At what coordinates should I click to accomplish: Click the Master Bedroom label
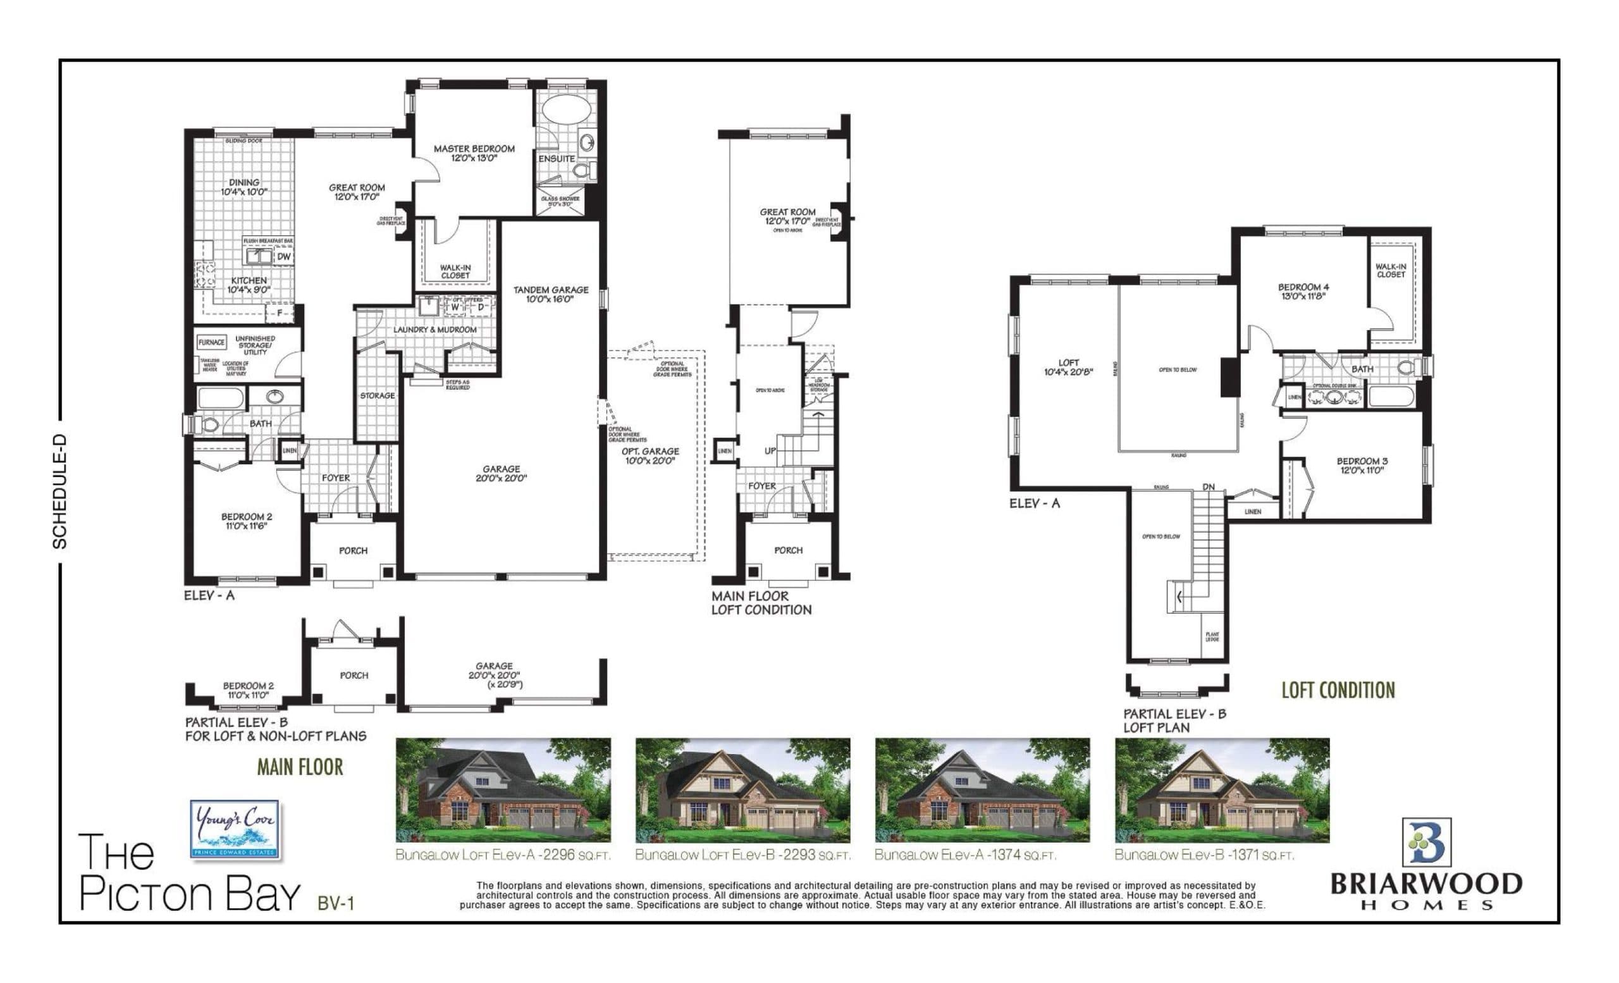(x=474, y=153)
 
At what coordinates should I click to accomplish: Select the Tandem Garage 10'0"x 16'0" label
(x=551, y=294)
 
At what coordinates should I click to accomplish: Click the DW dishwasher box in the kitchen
(x=283, y=257)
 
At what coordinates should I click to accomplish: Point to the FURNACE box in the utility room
(x=212, y=342)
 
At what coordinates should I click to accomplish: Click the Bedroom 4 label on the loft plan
(x=1302, y=291)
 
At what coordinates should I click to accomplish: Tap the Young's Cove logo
(x=235, y=829)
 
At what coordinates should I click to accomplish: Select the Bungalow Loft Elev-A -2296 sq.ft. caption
(x=503, y=855)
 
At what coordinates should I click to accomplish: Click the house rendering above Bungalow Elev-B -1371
(x=1221, y=790)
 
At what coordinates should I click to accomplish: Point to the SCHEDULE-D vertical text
(x=60, y=491)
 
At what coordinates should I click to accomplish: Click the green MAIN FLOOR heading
(x=300, y=767)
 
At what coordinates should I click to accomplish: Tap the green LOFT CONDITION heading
(x=1338, y=690)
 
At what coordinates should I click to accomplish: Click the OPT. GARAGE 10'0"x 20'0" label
(x=650, y=455)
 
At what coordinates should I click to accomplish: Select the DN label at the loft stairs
(x=1209, y=487)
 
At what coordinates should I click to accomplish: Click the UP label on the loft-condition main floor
(x=770, y=451)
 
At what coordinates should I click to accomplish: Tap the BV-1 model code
(x=336, y=903)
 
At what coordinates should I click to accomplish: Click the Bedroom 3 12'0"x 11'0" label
(x=1362, y=465)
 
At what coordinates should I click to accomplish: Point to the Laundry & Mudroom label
(x=435, y=329)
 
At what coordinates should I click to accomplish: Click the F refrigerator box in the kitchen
(x=280, y=313)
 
